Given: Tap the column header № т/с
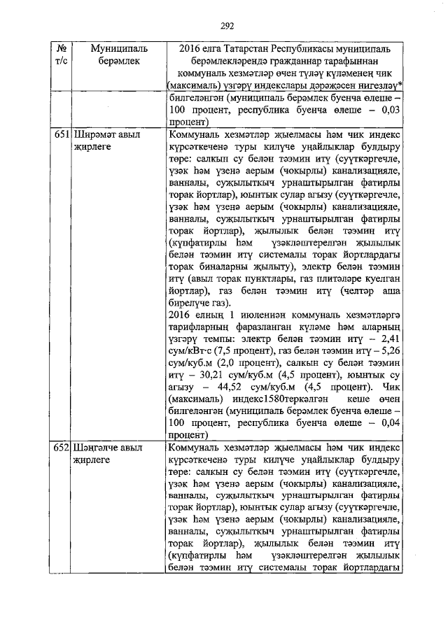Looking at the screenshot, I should (61, 56).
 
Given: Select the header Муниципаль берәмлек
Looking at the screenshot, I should (116, 56).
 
